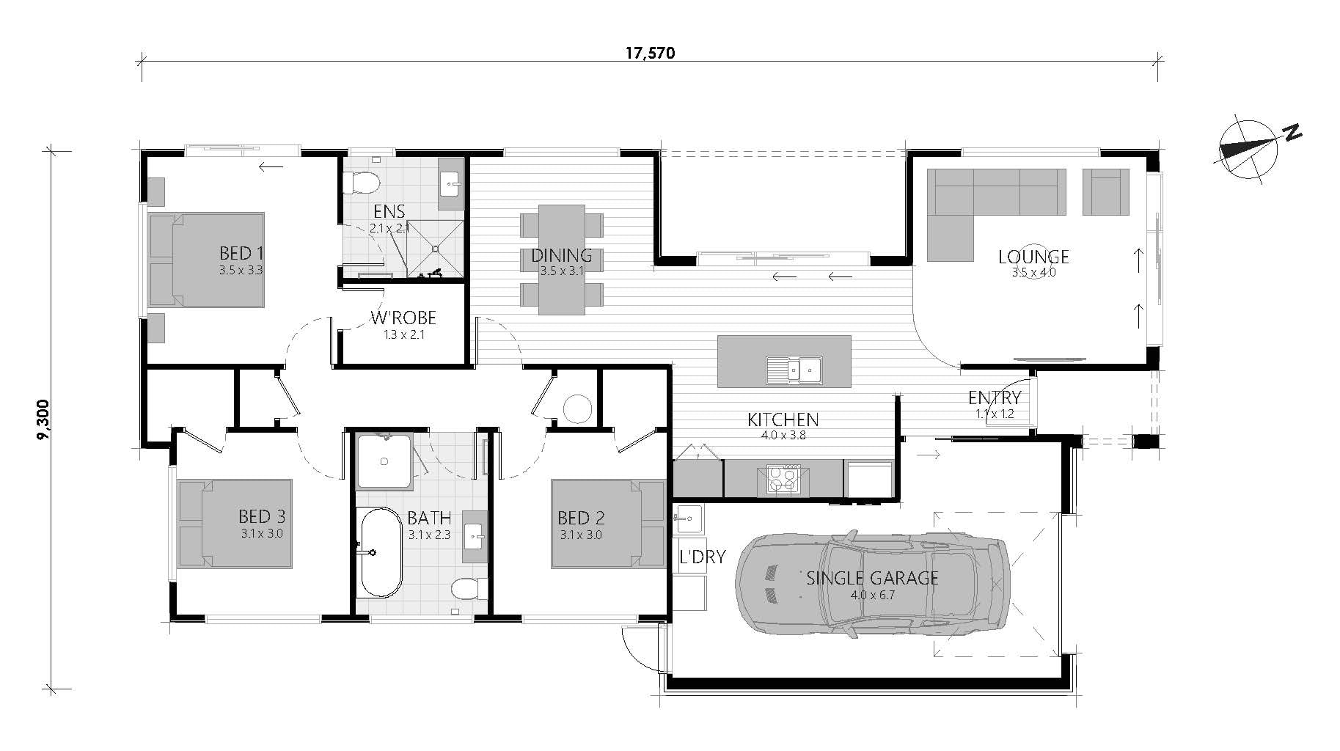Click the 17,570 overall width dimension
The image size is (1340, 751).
pyautogui.click(x=649, y=53)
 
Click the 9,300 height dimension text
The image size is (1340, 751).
pyautogui.click(x=43, y=420)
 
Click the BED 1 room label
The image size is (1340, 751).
pyautogui.click(x=241, y=254)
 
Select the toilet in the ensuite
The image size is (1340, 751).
pyautogui.click(x=362, y=181)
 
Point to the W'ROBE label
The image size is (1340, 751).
pyautogui.click(x=403, y=318)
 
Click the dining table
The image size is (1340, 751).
pyautogui.click(x=561, y=260)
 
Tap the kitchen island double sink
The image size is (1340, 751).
pyautogui.click(x=794, y=369)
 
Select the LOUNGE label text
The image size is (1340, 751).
pyautogui.click(x=1033, y=257)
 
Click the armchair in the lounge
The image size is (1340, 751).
pyautogui.click(x=1106, y=191)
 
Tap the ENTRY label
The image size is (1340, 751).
pyautogui.click(x=994, y=398)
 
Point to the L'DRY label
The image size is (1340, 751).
pyautogui.click(x=701, y=557)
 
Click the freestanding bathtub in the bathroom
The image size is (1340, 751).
pyautogui.click(x=381, y=552)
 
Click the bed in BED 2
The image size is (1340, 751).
pyautogui.click(x=608, y=524)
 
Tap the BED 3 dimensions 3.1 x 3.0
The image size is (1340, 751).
pyautogui.click(x=261, y=534)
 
